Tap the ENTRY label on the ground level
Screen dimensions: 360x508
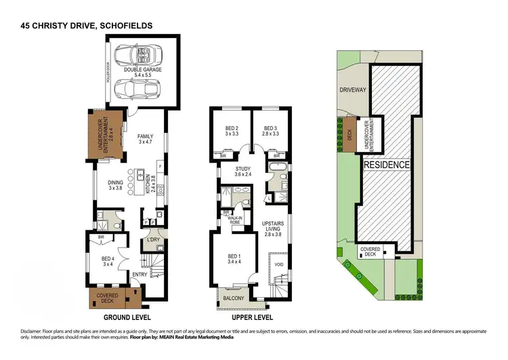[140, 274]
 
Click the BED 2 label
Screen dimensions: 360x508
[232, 132]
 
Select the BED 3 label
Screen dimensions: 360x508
[271, 132]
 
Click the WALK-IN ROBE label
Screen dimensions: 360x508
[234, 219]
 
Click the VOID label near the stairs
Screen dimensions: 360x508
[278, 264]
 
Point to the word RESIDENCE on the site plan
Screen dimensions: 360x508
[386, 165]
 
